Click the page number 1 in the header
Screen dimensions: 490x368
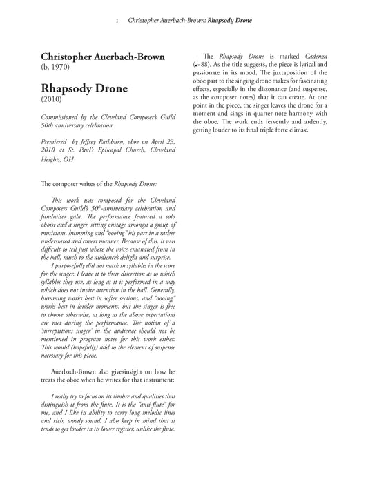tap(117, 21)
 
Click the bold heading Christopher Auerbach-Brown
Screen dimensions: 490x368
tap(104, 56)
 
